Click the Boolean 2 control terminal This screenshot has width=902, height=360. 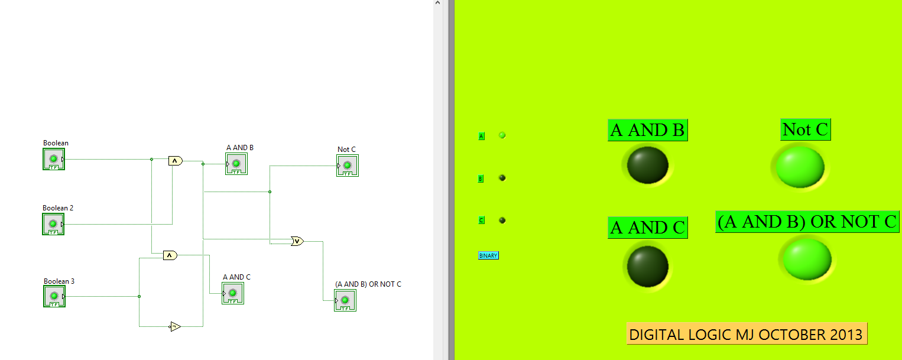[x=53, y=224]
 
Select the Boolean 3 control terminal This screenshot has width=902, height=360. [x=54, y=296]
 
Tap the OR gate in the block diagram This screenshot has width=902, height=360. [x=297, y=241]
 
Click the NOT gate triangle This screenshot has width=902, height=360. [x=175, y=326]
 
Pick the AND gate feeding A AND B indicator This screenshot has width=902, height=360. [x=175, y=160]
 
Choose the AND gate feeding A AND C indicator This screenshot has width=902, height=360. [x=170, y=255]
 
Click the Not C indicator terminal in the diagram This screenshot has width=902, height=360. [x=348, y=166]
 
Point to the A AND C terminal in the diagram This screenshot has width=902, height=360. [x=233, y=293]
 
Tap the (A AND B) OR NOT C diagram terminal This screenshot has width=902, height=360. [x=345, y=300]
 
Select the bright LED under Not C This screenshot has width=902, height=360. [x=800, y=166]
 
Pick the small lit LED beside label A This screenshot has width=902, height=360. [x=502, y=135]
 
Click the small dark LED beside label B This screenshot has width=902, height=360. [x=502, y=178]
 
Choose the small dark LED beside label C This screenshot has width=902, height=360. [x=502, y=220]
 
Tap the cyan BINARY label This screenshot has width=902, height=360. [x=488, y=255]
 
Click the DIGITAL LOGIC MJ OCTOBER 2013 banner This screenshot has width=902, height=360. [x=747, y=335]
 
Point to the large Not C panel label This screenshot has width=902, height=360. [x=805, y=129]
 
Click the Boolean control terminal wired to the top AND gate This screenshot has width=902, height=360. [x=53, y=159]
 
